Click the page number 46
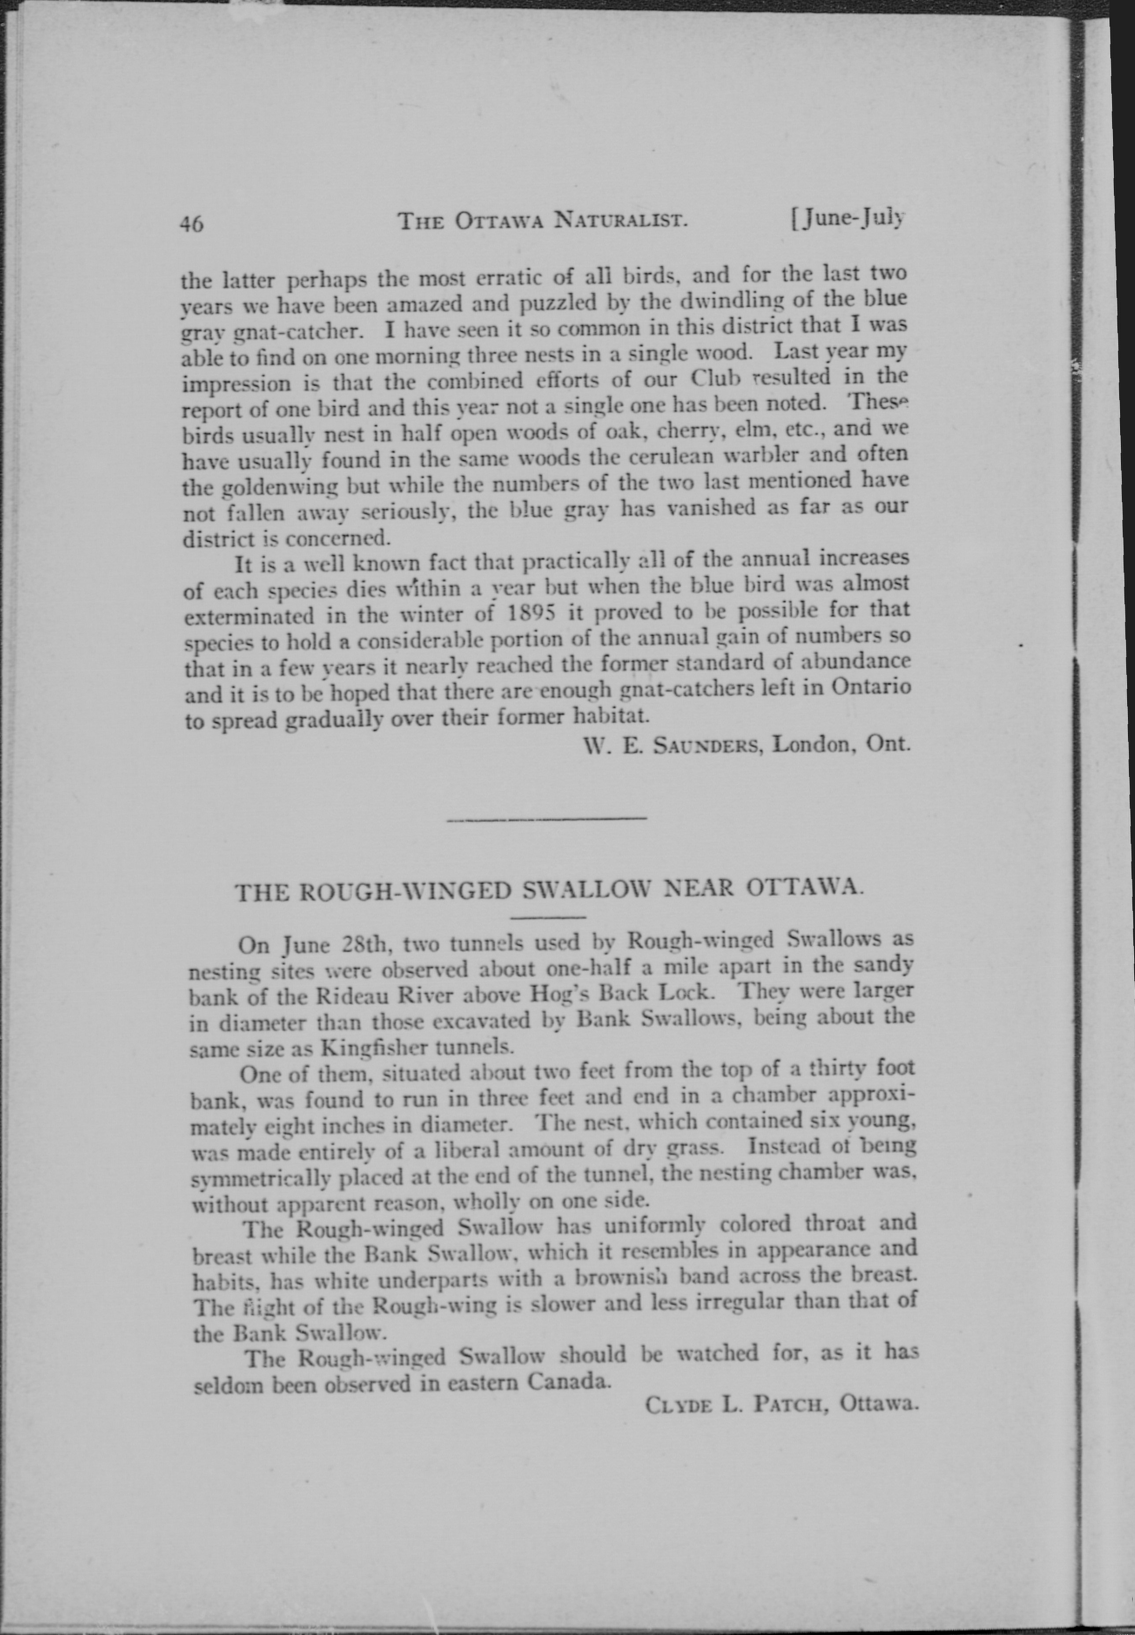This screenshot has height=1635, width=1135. click(x=191, y=223)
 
